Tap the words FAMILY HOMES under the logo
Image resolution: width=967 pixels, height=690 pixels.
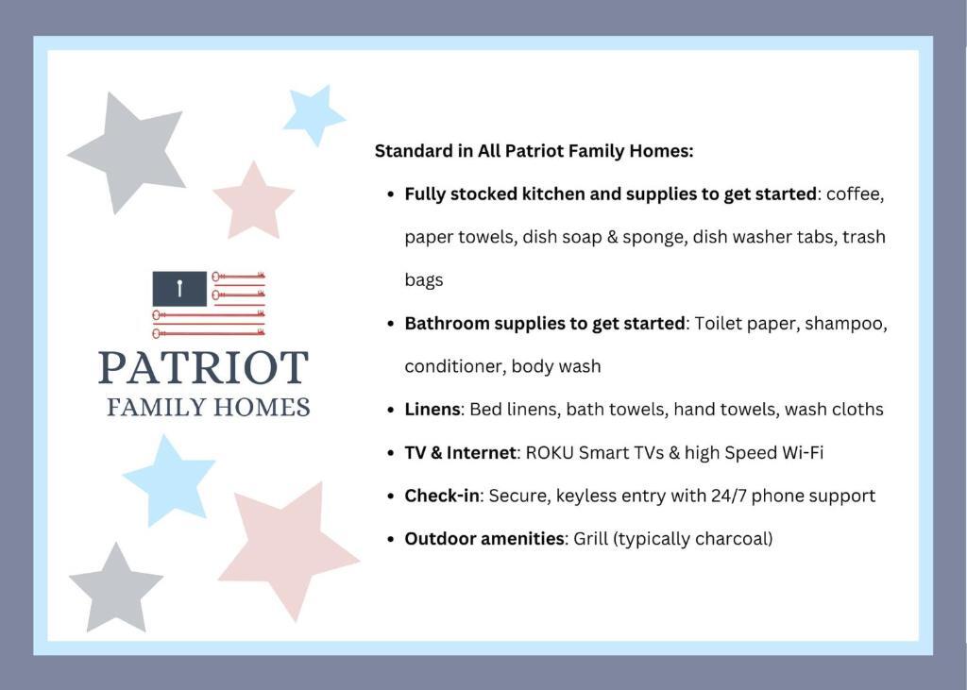209,408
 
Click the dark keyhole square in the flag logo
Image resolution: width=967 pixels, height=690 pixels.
179,289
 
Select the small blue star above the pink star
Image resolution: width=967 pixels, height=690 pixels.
314,115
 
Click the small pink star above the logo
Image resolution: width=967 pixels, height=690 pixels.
253,202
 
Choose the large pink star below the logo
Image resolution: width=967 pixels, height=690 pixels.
290,548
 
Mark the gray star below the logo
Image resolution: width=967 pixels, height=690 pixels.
116,589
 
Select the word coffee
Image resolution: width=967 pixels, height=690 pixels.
856,194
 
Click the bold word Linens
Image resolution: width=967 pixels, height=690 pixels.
433,410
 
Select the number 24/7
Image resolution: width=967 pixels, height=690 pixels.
728,496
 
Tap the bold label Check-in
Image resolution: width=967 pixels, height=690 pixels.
442,496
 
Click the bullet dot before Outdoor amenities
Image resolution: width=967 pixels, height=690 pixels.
390,539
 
